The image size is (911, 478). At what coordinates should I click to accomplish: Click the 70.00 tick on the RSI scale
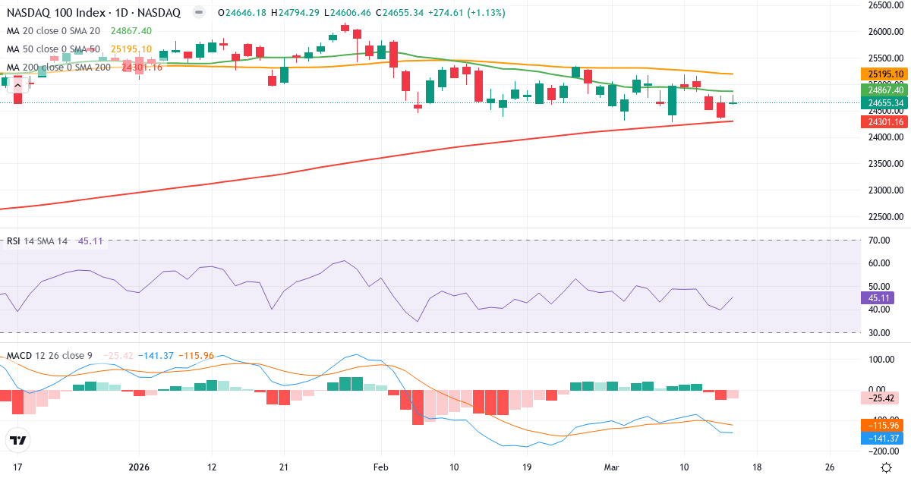point(879,241)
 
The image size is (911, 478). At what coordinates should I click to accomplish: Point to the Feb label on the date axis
point(380,467)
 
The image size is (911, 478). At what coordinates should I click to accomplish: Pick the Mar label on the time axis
point(610,467)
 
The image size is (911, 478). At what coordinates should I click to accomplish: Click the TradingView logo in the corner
point(18,440)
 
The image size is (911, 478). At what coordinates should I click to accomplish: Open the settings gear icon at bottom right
point(886,467)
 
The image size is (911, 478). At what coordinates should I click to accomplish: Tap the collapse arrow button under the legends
point(18,85)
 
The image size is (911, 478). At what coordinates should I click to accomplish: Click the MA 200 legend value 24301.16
point(142,67)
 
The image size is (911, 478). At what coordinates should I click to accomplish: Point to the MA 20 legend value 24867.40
point(131,30)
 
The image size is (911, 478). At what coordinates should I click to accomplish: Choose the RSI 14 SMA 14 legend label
point(37,241)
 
